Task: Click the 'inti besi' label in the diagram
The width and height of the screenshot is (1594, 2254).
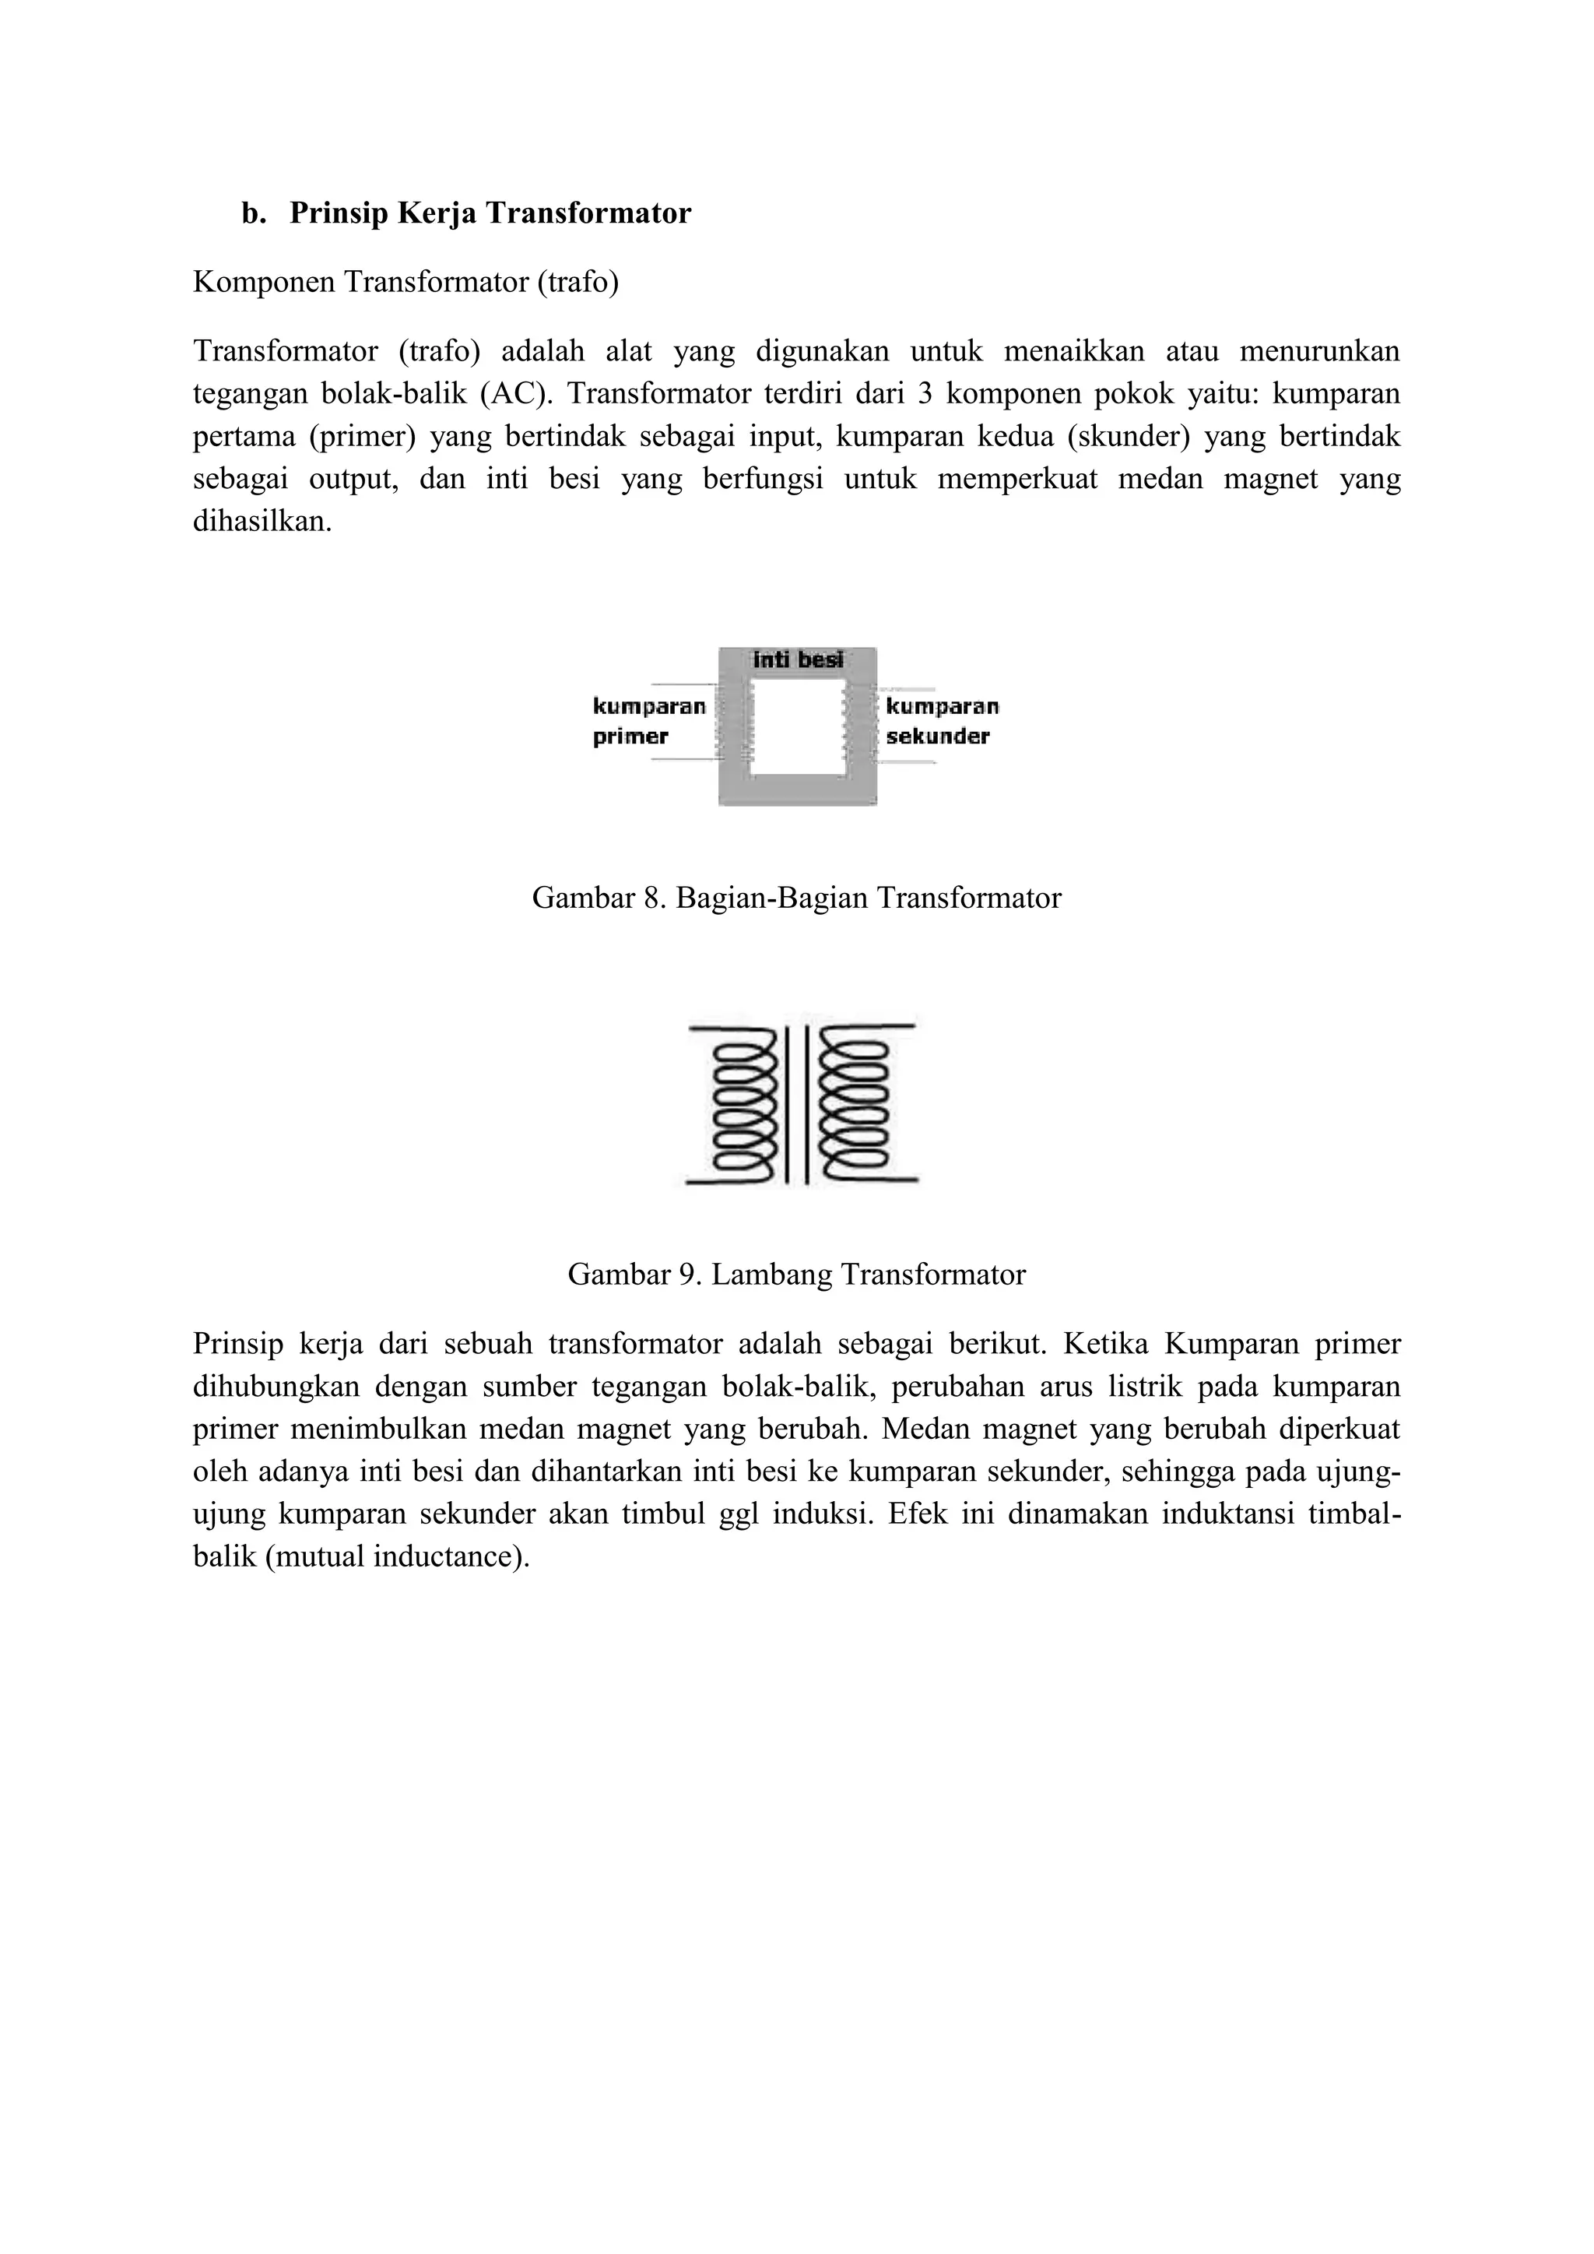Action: [797, 659]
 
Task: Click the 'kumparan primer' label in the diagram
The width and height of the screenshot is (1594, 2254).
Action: [648, 722]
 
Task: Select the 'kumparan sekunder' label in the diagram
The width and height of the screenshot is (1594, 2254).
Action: [940, 722]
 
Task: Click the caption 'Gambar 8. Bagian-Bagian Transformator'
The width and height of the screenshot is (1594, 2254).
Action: [796, 897]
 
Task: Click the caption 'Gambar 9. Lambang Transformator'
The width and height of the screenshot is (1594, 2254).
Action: [796, 1275]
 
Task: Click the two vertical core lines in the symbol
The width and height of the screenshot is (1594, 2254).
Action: [797, 1104]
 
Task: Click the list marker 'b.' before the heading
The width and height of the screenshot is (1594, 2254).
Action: [253, 213]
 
